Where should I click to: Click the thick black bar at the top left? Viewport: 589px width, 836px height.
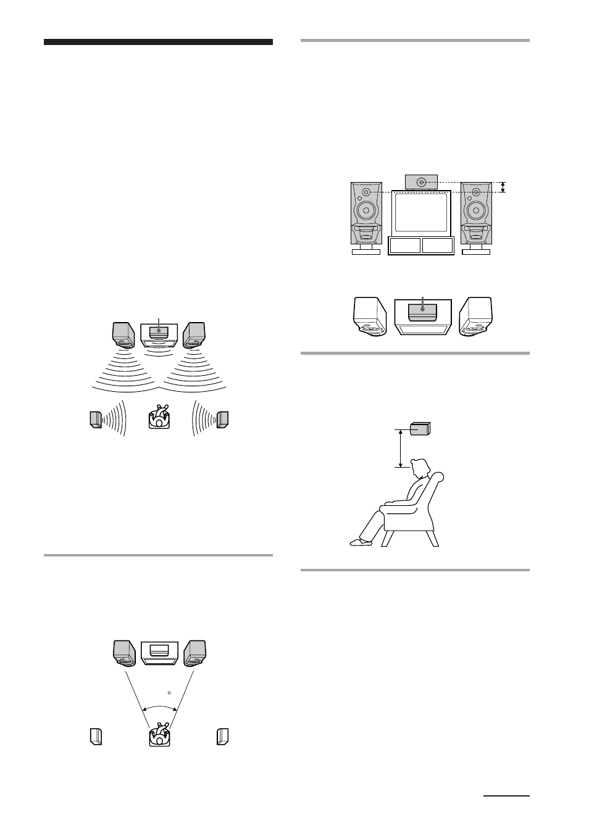point(158,43)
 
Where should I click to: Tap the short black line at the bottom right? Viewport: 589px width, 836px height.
point(506,796)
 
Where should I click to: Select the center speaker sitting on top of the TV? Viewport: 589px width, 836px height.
point(421,182)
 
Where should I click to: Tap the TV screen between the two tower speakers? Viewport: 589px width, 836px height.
point(421,212)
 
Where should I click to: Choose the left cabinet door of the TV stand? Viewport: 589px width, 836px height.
point(405,246)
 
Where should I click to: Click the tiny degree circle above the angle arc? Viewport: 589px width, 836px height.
point(169,693)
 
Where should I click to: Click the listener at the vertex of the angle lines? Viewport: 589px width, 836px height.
point(160,735)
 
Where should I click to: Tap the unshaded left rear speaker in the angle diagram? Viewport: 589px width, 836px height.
point(94,737)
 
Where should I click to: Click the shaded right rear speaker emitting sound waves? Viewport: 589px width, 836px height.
point(223,419)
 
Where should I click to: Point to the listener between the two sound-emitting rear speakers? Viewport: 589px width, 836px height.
point(160,418)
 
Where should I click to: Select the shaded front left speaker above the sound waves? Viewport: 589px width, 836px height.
point(124,334)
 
